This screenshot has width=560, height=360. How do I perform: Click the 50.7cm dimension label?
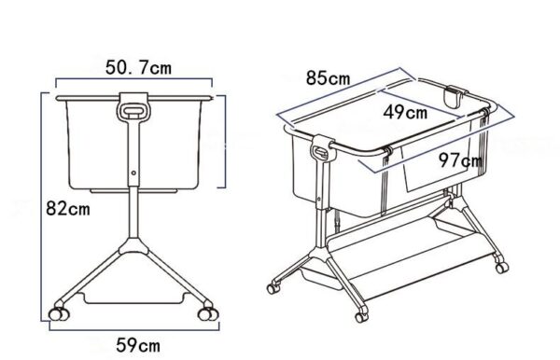click(x=138, y=68)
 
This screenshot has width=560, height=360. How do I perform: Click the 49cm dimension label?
click(x=405, y=112)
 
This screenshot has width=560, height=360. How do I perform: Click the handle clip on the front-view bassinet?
click(x=135, y=109)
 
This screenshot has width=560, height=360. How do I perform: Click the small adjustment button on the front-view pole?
click(x=133, y=173)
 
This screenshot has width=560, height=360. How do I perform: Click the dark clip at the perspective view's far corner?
click(x=456, y=94)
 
